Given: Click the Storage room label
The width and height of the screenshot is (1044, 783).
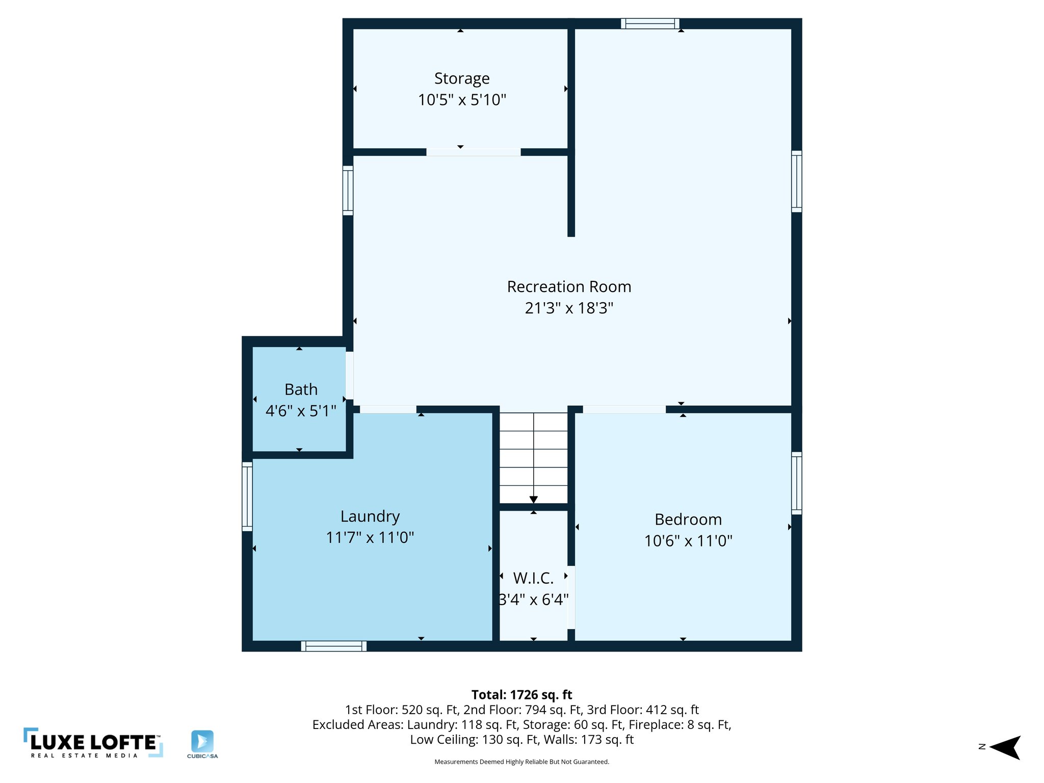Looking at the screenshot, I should (462, 79).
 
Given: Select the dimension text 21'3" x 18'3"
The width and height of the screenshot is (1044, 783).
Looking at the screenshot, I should (569, 308).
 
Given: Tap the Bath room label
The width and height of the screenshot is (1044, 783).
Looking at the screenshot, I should (301, 389).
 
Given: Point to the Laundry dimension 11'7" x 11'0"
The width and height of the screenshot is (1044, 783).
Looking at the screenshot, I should (370, 537).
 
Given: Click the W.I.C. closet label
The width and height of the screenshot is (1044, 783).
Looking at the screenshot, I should (533, 578).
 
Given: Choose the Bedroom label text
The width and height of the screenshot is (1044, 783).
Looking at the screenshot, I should (688, 519).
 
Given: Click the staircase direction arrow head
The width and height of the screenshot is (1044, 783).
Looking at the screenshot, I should (533, 500).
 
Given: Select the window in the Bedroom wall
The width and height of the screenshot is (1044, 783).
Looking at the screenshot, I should (796, 483).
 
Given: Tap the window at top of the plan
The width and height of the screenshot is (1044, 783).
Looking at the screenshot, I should (650, 23).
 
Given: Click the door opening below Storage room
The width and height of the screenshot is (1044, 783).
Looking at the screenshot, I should (473, 152).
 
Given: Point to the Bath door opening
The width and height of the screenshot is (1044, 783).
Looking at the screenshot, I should (350, 375).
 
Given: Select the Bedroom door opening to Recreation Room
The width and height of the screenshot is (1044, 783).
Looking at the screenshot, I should (624, 409).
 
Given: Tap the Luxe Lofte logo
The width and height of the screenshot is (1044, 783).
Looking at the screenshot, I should (93, 742).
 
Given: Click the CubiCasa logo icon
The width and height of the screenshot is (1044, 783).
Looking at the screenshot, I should (202, 741).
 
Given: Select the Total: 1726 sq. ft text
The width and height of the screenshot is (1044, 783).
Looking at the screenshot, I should (521, 695).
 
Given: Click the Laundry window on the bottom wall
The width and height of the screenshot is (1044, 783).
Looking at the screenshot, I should (334, 646).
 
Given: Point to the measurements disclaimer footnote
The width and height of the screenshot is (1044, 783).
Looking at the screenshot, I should (521, 762).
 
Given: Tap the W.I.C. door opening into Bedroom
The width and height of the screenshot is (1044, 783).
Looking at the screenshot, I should (571, 597).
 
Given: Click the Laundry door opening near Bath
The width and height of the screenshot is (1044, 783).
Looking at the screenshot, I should (388, 409).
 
